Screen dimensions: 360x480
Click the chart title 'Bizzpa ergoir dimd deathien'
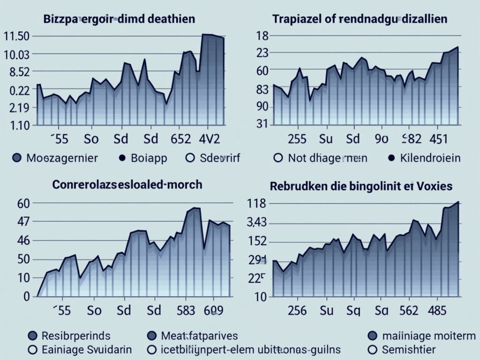point(119,20)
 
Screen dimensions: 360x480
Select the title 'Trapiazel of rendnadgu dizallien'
point(360,20)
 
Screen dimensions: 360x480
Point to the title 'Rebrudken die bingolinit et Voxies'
point(361,186)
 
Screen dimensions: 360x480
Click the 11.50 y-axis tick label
point(16,37)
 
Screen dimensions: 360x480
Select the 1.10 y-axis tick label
point(16,125)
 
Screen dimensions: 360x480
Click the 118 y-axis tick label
point(256,204)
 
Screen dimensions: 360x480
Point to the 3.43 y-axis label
point(256,223)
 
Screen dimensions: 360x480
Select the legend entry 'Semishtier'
point(408,349)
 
